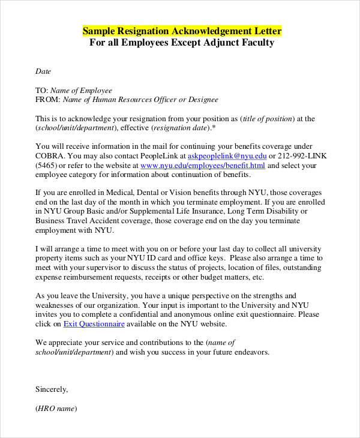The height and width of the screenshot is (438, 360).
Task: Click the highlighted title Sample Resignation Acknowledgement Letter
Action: pos(182,31)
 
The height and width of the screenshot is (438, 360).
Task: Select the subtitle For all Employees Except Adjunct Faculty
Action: pos(182,43)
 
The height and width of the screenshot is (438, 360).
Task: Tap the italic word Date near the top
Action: pos(43,71)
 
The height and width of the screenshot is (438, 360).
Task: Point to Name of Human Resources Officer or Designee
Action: pos(140,100)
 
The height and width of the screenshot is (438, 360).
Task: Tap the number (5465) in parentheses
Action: pos(47,165)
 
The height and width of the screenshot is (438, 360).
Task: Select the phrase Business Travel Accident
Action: pos(77,221)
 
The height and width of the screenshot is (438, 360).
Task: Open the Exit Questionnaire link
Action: pos(94,323)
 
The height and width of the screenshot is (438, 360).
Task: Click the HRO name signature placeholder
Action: pos(56,409)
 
